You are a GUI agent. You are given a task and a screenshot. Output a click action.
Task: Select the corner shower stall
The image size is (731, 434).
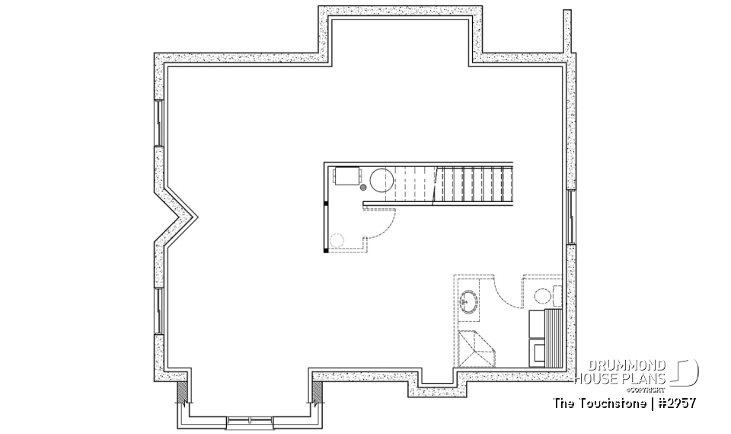[x=476, y=349]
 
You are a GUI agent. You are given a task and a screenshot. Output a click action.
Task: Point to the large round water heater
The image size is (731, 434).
[x=380, y=180]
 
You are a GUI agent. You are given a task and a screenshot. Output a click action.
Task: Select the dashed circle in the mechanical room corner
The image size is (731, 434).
[x=338, y=240]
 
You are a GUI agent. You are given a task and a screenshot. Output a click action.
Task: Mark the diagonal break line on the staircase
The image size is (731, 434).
[x=437, y=185]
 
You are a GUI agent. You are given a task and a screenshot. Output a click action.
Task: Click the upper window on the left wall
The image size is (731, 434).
[x=159, y=123]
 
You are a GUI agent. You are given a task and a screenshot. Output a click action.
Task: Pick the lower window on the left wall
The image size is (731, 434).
[x=159, y=310]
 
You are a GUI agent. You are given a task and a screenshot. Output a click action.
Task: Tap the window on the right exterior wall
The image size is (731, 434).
[x=570, y=217]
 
